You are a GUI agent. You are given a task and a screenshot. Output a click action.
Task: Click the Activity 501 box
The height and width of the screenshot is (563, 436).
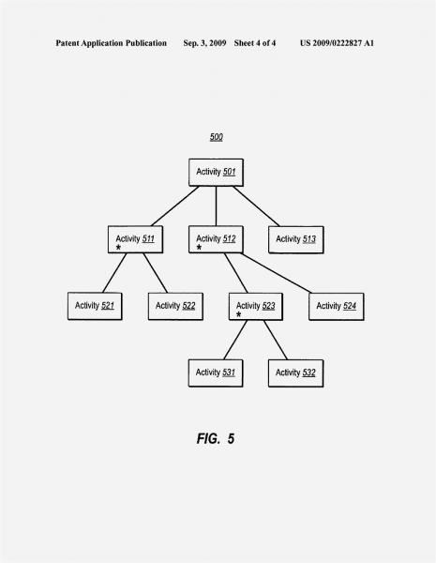click(216, 173)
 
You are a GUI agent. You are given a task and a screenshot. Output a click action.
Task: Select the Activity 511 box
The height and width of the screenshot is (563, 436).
click(135, 239)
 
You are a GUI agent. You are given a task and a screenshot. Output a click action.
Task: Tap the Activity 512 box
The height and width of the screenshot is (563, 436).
click(216, 239)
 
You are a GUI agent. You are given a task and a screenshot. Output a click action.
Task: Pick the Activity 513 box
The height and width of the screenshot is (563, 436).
click(296, 239)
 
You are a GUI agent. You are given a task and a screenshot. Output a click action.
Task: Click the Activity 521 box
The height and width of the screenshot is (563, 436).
click(95, 306)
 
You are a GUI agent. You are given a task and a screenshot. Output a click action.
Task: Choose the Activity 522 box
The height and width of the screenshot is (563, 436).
click(175, 306)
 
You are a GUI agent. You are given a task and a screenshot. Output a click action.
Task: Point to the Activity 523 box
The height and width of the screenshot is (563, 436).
click(256, 306)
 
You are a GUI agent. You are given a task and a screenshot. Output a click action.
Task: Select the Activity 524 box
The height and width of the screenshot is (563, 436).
click(337, 306)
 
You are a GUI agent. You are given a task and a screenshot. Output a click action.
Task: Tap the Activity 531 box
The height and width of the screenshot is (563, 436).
click(216, 373)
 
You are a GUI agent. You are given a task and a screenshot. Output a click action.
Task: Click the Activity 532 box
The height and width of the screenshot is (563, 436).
click(295, 373)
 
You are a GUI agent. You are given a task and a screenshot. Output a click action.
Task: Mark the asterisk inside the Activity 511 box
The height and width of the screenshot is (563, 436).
click(118, 248)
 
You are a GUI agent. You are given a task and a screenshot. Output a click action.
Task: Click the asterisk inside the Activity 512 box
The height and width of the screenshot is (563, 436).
click(199, 248)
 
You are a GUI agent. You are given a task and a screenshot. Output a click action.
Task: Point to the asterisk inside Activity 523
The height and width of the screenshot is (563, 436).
click(239, 314)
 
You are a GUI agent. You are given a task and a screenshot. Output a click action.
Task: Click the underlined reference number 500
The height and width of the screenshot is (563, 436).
click(217, 137)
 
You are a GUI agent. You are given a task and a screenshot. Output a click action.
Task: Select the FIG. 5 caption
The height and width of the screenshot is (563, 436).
click(216, 438)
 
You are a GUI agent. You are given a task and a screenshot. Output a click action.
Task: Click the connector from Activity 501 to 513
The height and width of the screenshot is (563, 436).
click(256, 206)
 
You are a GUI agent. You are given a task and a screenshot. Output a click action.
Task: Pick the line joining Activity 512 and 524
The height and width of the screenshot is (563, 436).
click(277, 273)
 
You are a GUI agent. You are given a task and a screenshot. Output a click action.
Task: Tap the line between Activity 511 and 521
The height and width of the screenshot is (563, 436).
click(114, 273)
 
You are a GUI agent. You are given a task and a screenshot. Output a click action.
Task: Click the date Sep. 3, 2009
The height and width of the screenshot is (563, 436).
click(204, 43)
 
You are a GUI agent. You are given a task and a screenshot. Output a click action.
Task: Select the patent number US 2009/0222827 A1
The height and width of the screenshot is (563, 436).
click(337, 43)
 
